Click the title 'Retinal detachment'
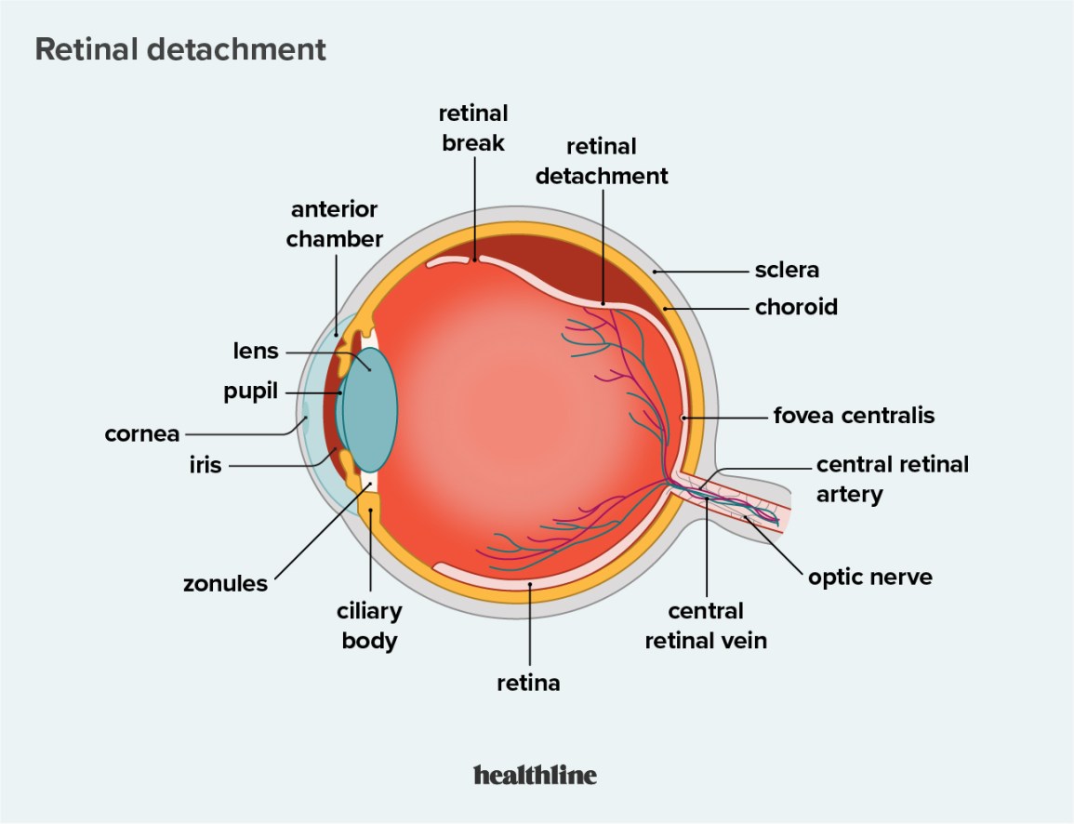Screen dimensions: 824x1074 click(x=180, y=49)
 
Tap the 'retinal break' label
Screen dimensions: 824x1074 click(x=473, y=127)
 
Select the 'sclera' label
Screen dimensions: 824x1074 click(x=787, y=271)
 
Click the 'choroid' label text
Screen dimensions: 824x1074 click(x=796, y=306)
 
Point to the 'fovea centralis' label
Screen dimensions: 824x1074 click(x=854, y=415)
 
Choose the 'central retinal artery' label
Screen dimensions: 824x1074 click(x=892, y=478)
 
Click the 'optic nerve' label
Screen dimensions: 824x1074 click(x=869, y=578)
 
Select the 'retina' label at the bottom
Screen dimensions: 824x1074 click(x=528, y=683)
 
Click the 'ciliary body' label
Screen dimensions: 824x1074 click(x=369, y=625)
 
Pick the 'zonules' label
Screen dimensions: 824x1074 click(x=225, y=584)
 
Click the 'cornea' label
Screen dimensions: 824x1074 click(x=141, y=433)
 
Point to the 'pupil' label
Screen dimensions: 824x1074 click(x=250, y=392)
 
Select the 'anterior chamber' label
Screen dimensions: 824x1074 click(x=334, y=224)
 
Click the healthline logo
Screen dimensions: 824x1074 click(x=535, y=774)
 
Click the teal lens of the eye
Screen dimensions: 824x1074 click(x=372, y=409)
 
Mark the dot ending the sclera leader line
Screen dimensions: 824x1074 click(x=655, y=271)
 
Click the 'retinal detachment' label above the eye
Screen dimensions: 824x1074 click(x=602, y=160)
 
